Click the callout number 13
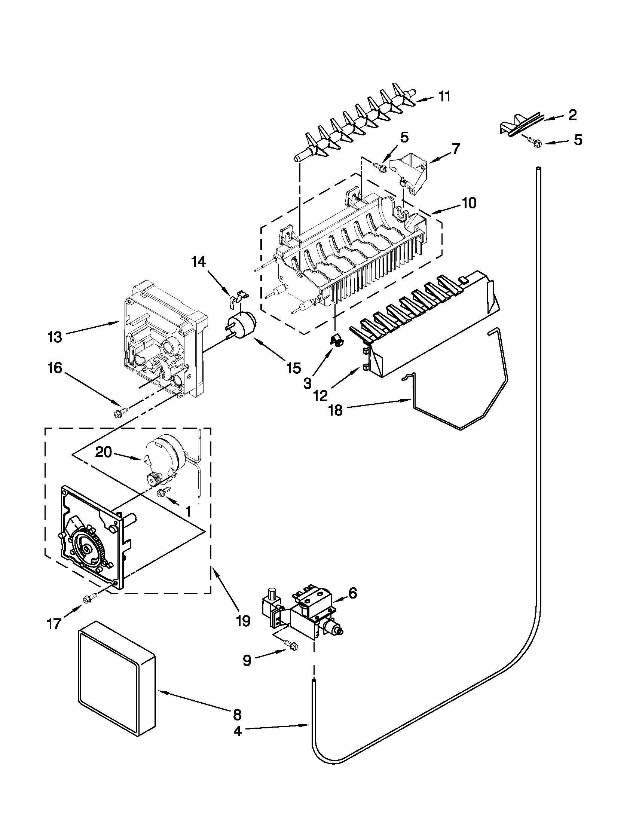55,337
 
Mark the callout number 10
469,203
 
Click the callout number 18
335,410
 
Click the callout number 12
321,396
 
